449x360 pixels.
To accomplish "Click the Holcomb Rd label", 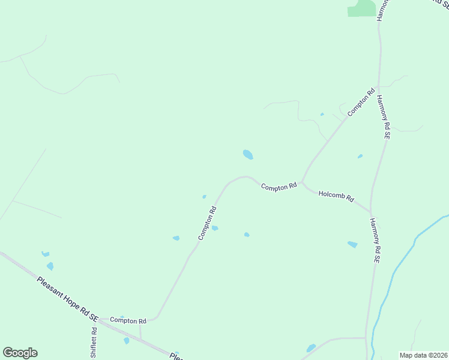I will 336,196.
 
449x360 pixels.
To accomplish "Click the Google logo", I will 20,353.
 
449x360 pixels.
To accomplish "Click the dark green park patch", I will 362,8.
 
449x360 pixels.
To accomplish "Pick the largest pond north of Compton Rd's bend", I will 247,155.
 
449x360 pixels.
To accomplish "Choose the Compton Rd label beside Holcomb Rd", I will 279,187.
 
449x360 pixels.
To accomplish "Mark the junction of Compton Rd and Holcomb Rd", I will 301,181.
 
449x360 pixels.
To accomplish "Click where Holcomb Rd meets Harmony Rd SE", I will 371,211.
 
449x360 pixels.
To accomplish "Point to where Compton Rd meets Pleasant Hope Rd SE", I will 100,320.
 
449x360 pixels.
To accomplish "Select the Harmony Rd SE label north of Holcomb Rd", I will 384,118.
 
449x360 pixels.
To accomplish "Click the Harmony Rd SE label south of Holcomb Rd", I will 375,241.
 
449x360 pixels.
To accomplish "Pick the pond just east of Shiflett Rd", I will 126,341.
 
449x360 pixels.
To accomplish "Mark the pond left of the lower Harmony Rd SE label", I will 352,244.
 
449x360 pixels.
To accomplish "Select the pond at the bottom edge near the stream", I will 311,348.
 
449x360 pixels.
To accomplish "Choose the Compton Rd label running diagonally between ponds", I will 207,223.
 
